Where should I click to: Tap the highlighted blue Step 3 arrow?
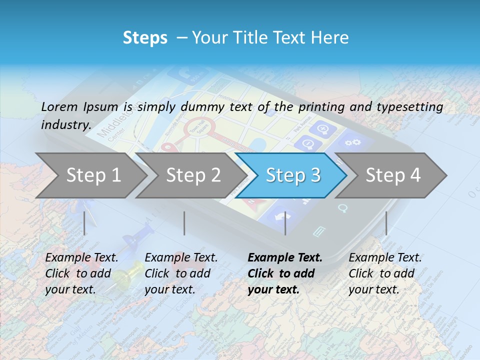coord(292,175)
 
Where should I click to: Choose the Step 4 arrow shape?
coord(392,175)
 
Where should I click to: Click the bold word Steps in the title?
coord(145,38)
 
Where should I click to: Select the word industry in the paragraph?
coord(65,125)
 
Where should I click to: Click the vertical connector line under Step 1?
coord(84,223)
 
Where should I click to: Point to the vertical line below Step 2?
coord(184,223)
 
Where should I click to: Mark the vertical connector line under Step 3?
coord(285,223)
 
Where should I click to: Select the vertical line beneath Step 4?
coord(386,223)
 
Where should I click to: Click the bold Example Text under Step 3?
coord(285,257)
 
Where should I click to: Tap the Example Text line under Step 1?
coord(81,257)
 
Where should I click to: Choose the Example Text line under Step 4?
coord(385,257)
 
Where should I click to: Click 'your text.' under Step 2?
coord(170,289)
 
